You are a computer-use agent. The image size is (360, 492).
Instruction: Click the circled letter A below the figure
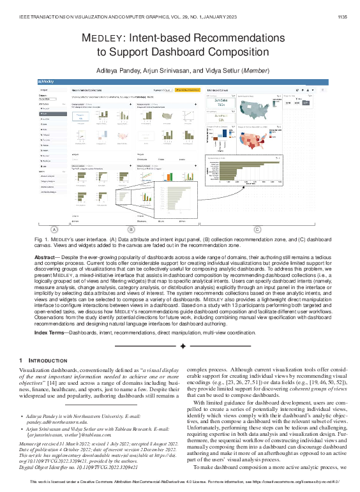click(54, 228)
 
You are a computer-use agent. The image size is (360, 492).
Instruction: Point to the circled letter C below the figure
click(257, 228)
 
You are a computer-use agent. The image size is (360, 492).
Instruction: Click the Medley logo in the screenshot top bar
click(47, 82)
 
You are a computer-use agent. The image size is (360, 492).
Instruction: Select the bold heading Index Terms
click(51, 332)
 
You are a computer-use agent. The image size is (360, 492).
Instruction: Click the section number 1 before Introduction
click(22, 361)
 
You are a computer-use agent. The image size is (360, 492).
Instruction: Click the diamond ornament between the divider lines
click(183, 347)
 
